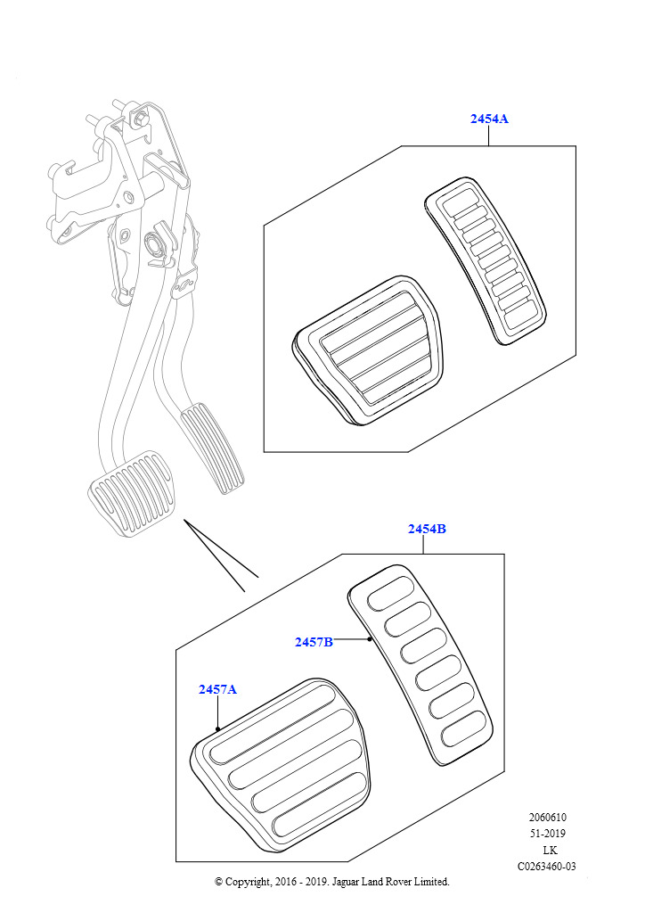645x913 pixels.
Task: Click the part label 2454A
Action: pyautogui.click(x=489, y=119)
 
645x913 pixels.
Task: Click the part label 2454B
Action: pyautogui.click(x=427, y=529)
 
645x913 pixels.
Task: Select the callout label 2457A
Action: pyautogui.click(x=217, y=689)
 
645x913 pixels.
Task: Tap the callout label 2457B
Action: pyautogui.click(x=314, y=641)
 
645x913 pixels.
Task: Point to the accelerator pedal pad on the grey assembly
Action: pyautogui.click(x=213, y=446)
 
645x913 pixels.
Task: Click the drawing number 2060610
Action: pyautogui.click(x=547, y=818)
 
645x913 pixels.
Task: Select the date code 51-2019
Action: pyautogui.click(x=547, y=834)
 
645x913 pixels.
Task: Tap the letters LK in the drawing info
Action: pyautogui.click(x=549, y=850)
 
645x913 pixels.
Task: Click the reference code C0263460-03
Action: pyautogui.click(x=547, y=866)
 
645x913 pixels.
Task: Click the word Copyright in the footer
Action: pyautogui.click(x=249, y=882)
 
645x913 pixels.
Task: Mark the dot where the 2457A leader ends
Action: pyautogui.click(x=217, y=728)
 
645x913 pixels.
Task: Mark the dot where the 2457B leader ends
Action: pyautogui.click(x=369, y=639)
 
